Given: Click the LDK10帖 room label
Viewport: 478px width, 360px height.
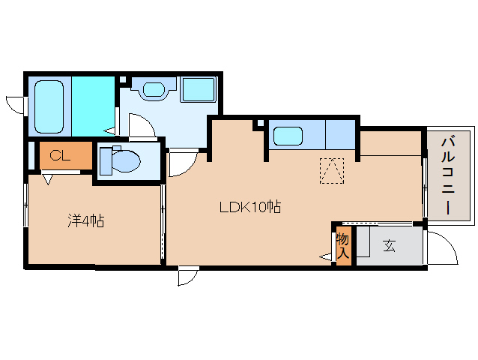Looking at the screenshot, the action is pos(250,207).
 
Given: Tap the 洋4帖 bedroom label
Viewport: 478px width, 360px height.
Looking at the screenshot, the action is pos(86,221).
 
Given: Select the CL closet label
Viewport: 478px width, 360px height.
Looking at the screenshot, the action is pos(60,156).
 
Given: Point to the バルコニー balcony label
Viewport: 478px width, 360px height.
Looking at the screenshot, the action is pos(448,176).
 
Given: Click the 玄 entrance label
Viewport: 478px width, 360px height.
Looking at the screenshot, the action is pos(390,245).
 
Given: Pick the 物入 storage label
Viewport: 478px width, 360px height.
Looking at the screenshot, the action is pos(343,246).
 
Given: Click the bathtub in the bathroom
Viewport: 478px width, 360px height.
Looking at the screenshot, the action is pos(49,106).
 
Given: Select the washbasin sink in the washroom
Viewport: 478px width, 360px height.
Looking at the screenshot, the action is pos(154,89).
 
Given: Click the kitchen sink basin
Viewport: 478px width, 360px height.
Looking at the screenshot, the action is pos(288,136).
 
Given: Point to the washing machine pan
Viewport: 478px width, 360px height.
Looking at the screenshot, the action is pos(199,89).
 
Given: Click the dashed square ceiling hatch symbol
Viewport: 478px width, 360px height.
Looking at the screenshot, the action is pos(332,171).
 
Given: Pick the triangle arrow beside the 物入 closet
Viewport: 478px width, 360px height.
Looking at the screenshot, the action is pos(325,257).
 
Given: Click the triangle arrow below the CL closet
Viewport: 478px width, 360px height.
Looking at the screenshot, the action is pos(47,179).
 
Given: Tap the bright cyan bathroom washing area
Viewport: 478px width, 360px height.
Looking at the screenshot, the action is pos(93,106).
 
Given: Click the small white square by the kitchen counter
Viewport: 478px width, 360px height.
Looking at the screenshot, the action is pos(261,123).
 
